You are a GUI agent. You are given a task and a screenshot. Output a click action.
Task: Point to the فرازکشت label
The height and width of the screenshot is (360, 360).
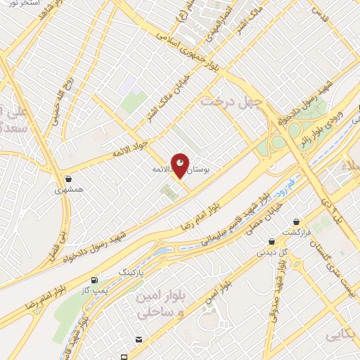296,232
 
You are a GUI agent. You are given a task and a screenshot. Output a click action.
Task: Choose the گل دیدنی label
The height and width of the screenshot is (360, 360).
274,251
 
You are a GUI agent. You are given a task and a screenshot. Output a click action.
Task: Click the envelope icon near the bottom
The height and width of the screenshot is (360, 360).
139,340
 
